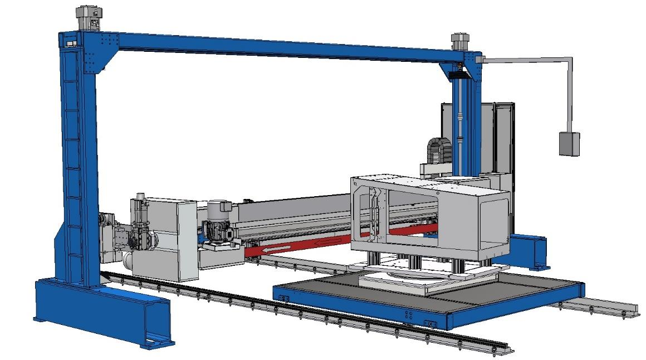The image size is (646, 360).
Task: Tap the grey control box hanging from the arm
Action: [x=569, y=143]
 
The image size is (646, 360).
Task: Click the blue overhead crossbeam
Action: [x=278, y=47]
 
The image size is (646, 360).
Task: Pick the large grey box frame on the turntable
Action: [x=429, y=215]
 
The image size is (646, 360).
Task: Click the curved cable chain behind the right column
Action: [x=438, y=149]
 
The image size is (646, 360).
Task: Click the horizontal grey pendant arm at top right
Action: [x=523, y=59]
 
